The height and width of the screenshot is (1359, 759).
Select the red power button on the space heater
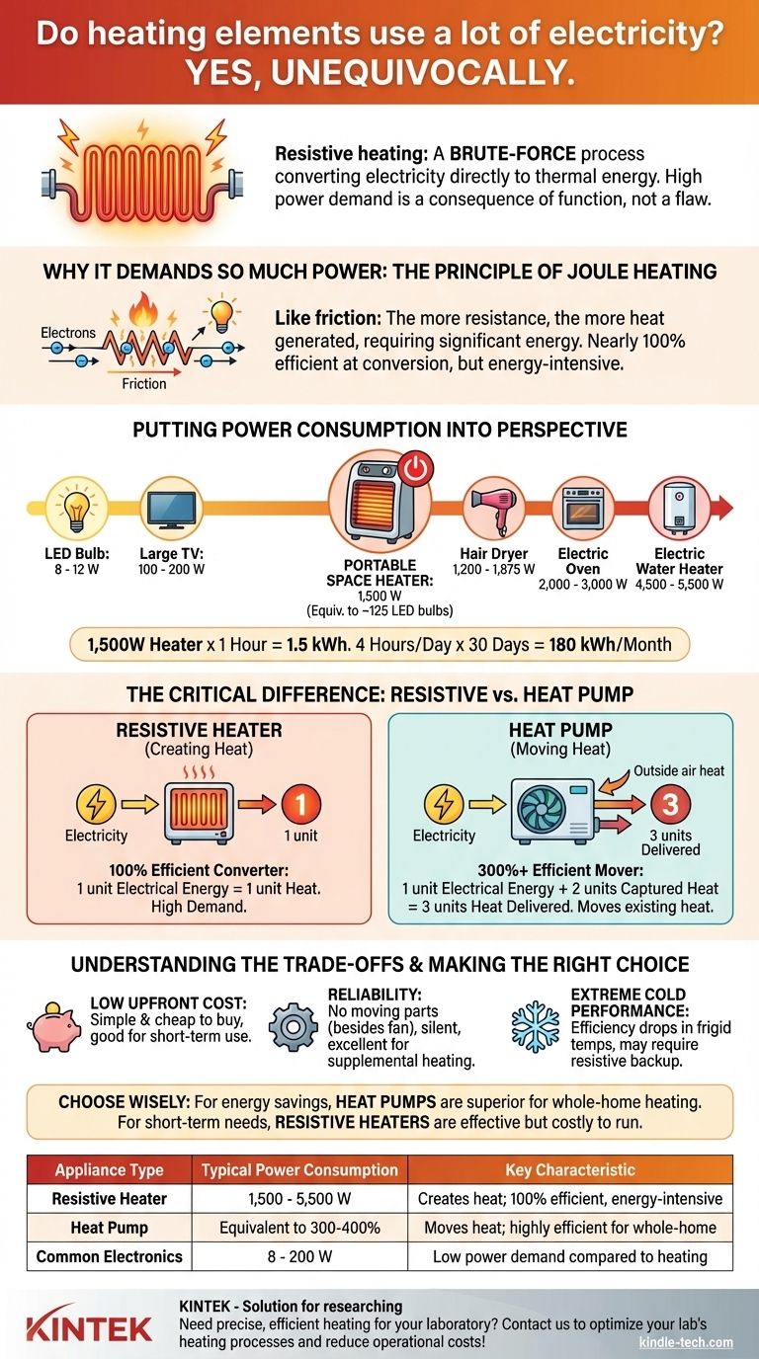click(x=413, y=471)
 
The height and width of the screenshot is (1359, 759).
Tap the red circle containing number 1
click(x=302, y=805)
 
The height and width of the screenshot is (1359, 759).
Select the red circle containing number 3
click(x=669, y=805)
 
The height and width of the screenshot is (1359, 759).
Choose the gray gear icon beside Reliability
click(x=294, y=1028)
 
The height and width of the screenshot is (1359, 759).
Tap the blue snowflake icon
click(x=534, y=1027)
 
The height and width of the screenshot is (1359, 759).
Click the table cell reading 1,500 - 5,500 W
click(x=298, y=1198)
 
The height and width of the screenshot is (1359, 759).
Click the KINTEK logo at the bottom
click(x=89, y=1326)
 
